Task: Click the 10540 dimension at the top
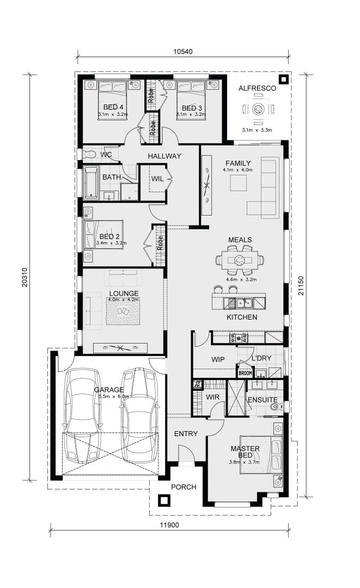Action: click(183, 52)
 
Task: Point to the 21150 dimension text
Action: click(301, 285)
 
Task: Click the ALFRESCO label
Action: click(258, 88)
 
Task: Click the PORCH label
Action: click(184, 487)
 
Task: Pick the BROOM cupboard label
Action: click(246, 373)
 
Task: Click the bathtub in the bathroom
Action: click(90, 182)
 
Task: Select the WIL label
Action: click(157, 179)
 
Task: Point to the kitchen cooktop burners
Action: click(239, 338)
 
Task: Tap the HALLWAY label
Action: click(164, 156)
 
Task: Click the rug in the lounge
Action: click(123, 313)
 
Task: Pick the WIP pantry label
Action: click(218, 359)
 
